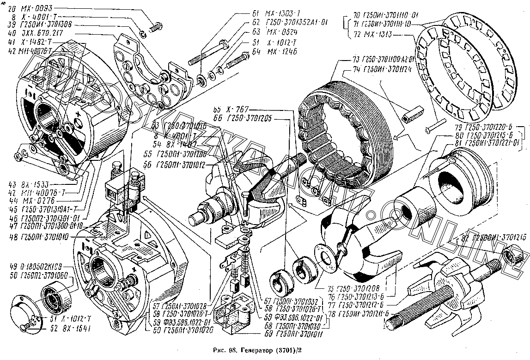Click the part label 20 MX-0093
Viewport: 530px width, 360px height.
31,8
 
